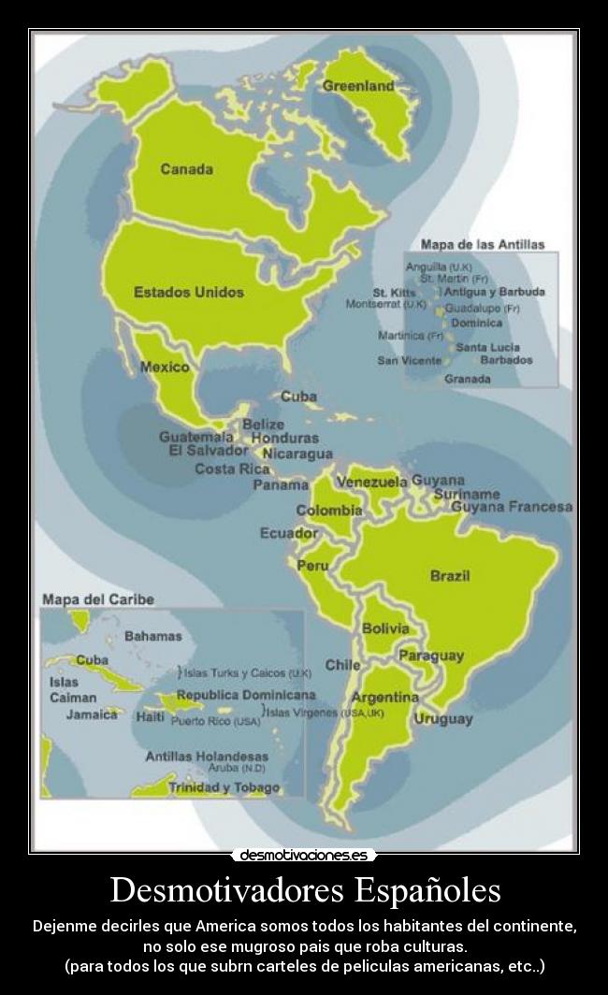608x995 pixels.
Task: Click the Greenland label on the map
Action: click(x=358, y=86)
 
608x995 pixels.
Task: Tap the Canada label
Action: click(x=186, y=169)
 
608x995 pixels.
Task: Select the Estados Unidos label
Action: click(x=188, y=292)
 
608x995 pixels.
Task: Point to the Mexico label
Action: click(x=164, y=367)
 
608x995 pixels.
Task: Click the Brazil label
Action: click(x=450, y=575)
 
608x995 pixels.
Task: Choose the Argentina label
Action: click(x=384, y=698)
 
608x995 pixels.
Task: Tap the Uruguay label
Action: click(x=442, y=719)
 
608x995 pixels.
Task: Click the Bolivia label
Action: click(x=385, y=628)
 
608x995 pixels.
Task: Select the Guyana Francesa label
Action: click(x=512, y=507)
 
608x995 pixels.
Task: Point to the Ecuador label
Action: click(x=289, y=533)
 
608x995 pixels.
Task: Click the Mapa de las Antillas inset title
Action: click(x=482, y=244)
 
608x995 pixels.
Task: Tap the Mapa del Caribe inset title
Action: click(x=97, y=598)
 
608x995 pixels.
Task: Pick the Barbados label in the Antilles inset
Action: click(x=506, y=360)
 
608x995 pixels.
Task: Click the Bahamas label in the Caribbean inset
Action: click(x=152, y=636)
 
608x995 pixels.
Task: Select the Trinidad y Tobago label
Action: click(x=224, y=787)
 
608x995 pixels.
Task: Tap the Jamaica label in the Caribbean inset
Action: click(x=92, y=714)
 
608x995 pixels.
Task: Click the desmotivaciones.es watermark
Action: click(x=304, y=855)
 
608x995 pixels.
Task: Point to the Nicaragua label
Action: click(x=297, y=454)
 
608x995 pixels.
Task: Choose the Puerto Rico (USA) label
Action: click(x=215, y=721)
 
